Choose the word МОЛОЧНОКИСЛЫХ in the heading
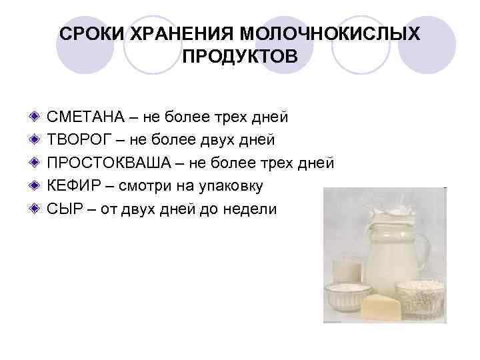pyautogui.click(x=330, y=33)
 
